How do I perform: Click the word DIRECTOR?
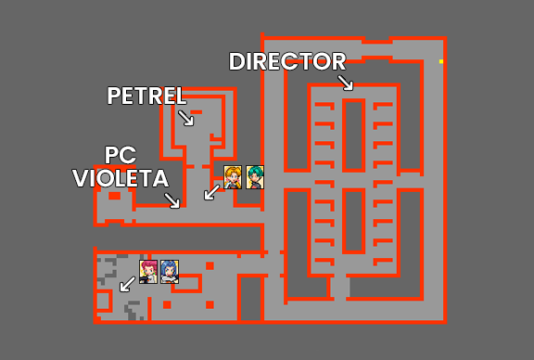click(287, 62)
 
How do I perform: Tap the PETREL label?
click(146, 96)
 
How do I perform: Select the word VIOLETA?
click(121, 178)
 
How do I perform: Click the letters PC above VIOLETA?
click(121, 155)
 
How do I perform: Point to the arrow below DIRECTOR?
click(346, 83)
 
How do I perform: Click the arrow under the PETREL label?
click(186, 118)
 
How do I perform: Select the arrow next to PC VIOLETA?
click(172, 200)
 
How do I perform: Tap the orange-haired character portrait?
click(233, 176)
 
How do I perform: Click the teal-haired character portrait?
click(255, 176)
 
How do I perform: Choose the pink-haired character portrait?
click(148, 270)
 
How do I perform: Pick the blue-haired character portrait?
click(169, 270)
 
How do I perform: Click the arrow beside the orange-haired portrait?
click(212, 192)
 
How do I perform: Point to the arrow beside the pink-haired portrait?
click(126, 284)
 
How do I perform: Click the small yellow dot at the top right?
click(441, 61)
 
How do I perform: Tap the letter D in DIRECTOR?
click(237, 62)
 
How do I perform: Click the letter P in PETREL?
click(114, 96)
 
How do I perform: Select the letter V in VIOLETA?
click(82, 178)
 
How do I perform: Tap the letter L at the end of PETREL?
click(181, 96)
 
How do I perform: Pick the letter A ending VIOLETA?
click(159, 178)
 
